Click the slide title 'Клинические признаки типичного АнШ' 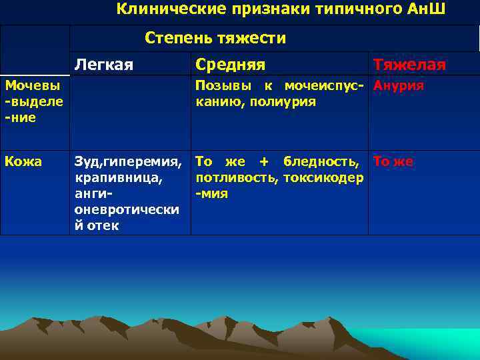[281, 9]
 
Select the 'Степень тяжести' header [215, 38]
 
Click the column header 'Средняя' [230, 65]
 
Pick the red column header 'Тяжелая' [409, 65]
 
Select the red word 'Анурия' [399, 86]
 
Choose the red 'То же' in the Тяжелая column [393, 161]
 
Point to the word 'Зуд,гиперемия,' [127, 161]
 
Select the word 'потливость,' [237, 177]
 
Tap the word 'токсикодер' [323, 177]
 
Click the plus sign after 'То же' [264, 161]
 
